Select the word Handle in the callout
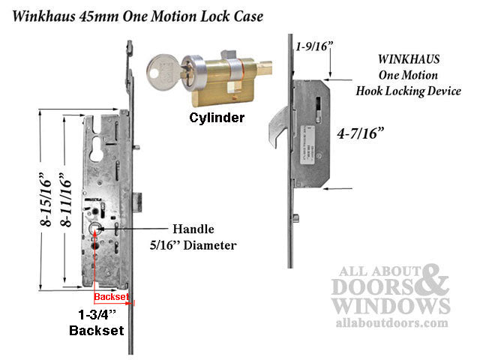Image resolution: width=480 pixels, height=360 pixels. (x=193, y=229)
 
